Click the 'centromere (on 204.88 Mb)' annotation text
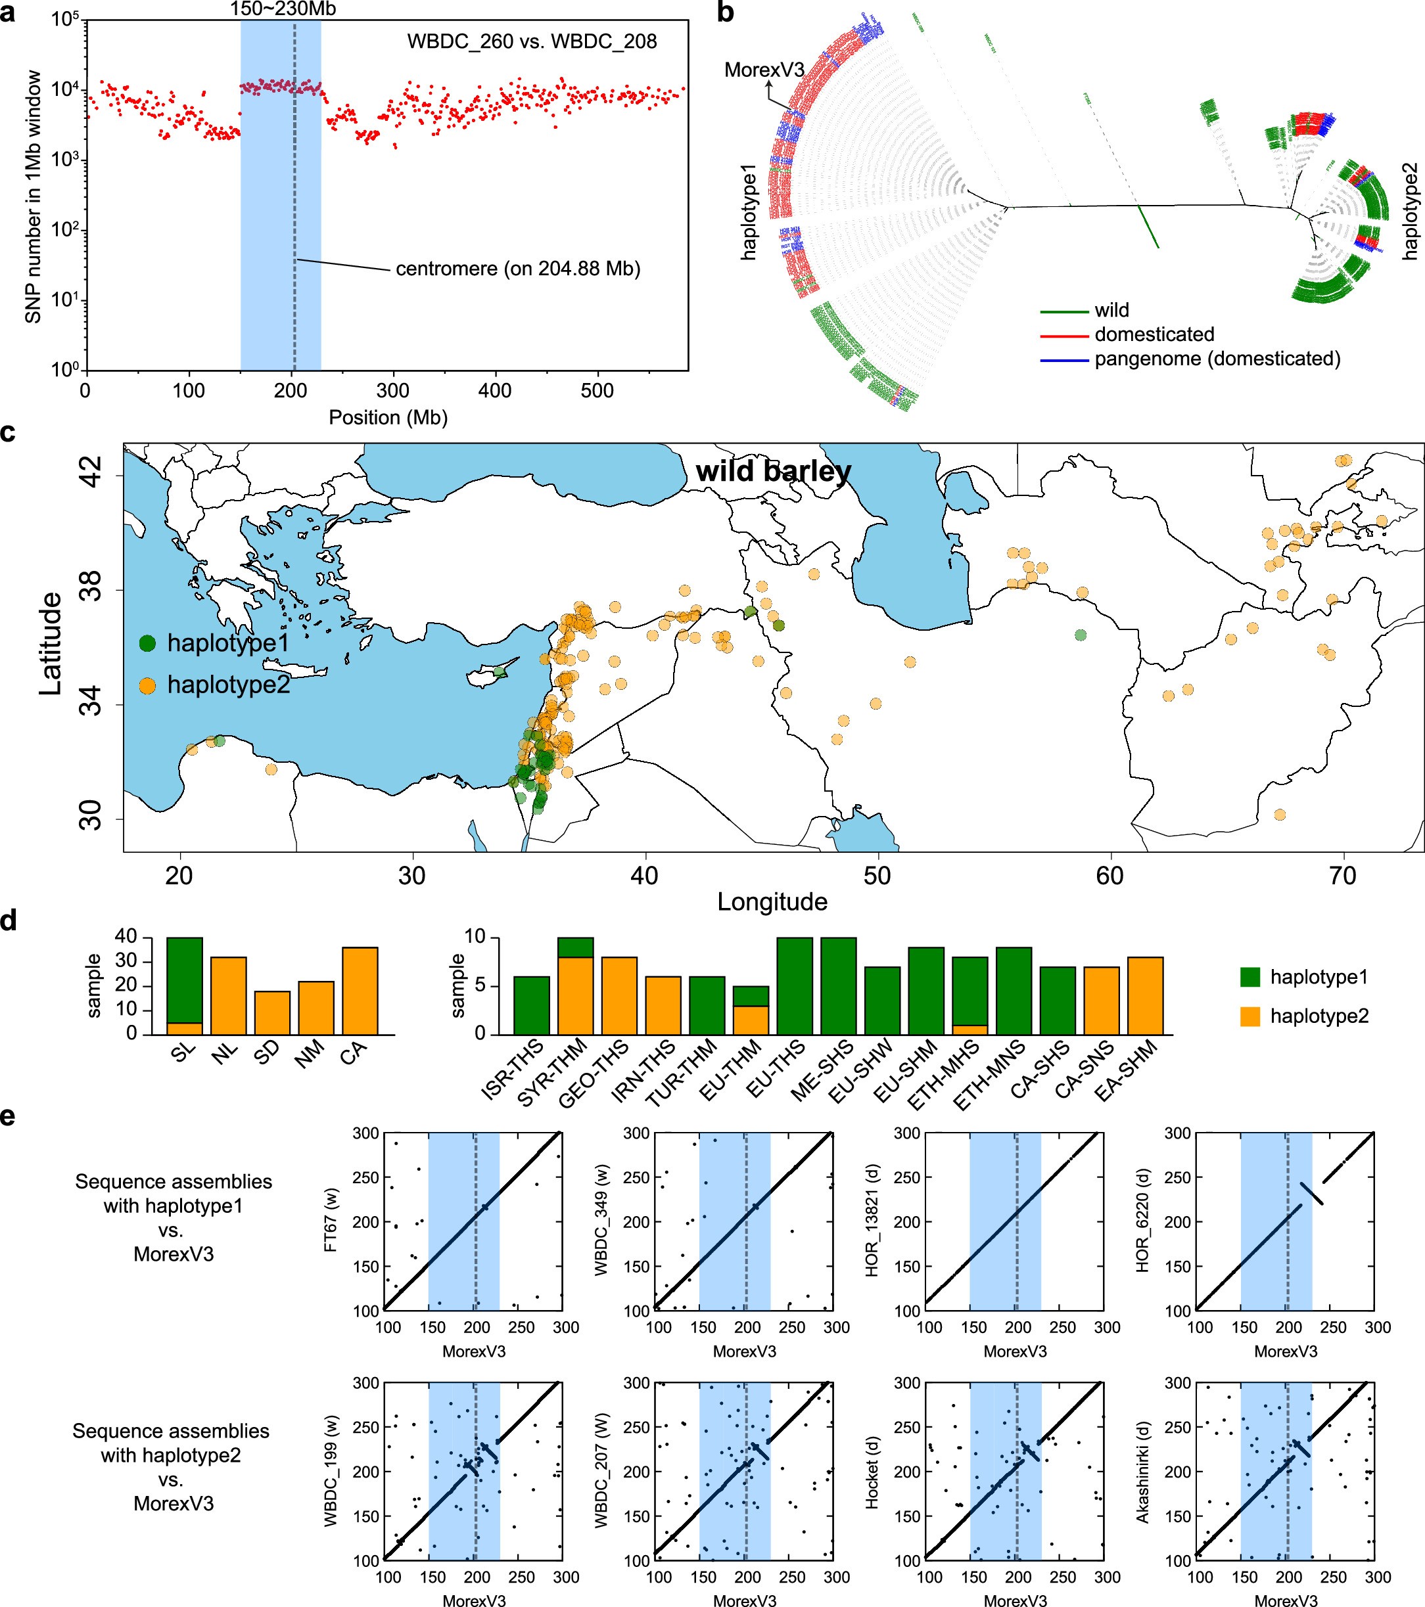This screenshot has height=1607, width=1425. (517, 269)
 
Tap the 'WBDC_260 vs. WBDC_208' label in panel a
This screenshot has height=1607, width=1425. (532, 41)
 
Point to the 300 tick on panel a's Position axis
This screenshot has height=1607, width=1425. (392, 391)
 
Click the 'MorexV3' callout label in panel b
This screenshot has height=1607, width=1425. (764, 70)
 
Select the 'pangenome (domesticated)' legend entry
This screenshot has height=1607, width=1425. (1217, 359)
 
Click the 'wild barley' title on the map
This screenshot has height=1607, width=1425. (773, 471)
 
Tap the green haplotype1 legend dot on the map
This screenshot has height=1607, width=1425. (147, 644)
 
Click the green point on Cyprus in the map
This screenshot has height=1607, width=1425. (499, 671)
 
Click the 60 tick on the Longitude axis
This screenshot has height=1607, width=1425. (1109, 875)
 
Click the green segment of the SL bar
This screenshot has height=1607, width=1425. (184, 979)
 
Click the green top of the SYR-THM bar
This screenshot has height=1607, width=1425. (575, 947)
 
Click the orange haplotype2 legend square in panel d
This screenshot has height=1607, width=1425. (1250, 1016)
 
